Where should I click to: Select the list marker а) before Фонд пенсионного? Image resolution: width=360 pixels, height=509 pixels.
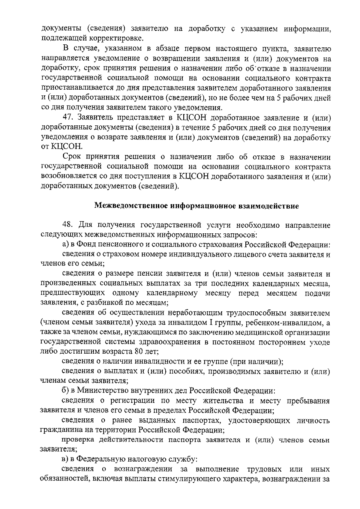pyautogui.click(x=66, y=244)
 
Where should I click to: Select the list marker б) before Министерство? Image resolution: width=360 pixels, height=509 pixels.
pyautogui.click(x=66, y=391)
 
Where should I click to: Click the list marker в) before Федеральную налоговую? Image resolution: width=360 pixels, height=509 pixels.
pyautogui.click(x=66, y=459)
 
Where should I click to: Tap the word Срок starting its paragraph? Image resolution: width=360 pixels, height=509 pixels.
pyautogui.click(x=72, y=157)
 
